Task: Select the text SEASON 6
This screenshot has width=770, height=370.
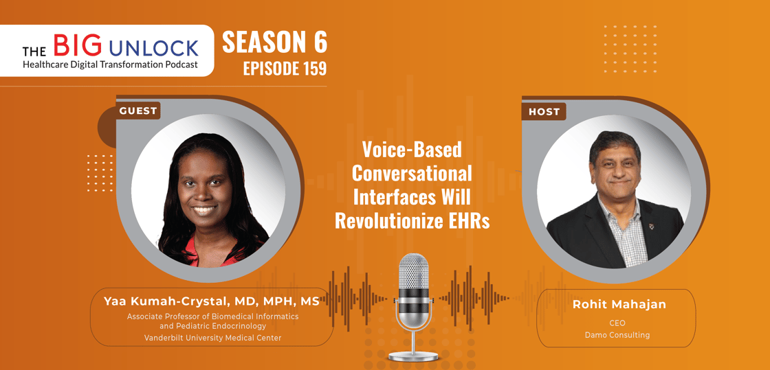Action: click(x=274, y=43)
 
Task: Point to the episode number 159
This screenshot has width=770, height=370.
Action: click(x=313, y=69)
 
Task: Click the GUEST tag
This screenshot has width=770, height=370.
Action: click(x=138, y=111)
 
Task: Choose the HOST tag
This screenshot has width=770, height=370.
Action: click(x=544, y=112)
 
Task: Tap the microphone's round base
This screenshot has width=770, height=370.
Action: click(x=413, y=356)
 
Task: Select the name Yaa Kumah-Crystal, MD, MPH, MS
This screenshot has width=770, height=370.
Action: click(x=212, y=301)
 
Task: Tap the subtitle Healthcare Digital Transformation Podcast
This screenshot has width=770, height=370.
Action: click(x=110, y=65)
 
